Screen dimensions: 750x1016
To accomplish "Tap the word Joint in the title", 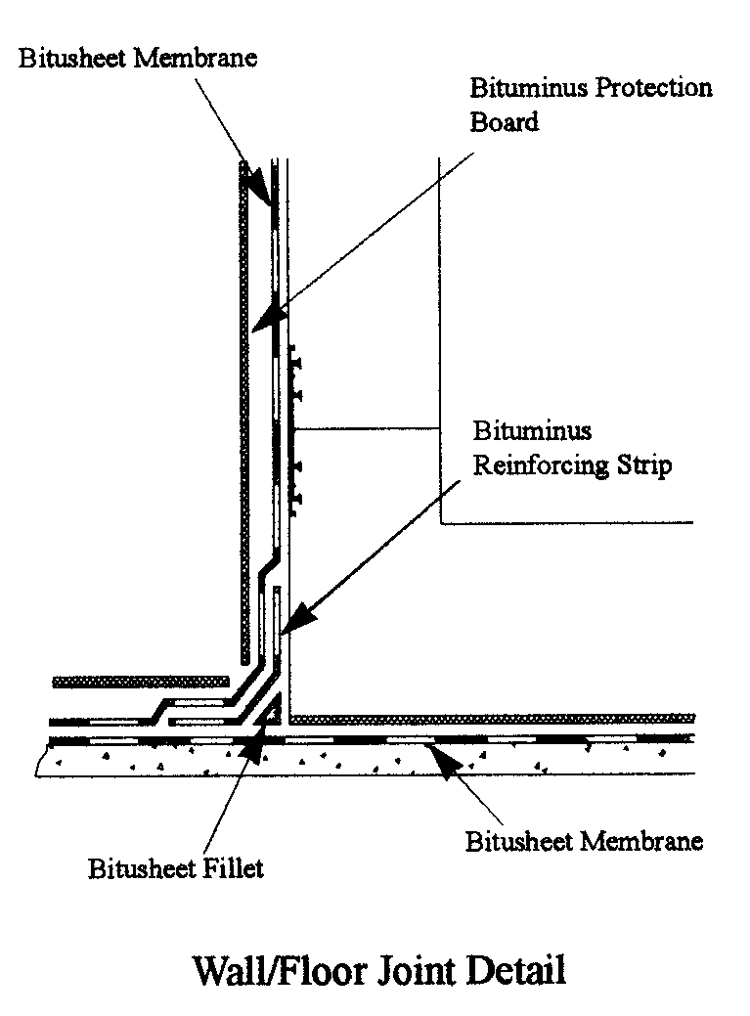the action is (x=415, y=971).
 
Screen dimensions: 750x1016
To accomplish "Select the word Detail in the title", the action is (x=515, y=971).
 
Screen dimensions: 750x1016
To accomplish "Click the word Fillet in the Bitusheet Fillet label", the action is (x=232, y=868).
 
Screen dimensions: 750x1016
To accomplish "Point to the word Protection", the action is (x=653, y=88).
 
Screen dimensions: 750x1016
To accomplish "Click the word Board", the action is (x=504, y=122).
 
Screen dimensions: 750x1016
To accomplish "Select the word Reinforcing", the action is (x=541, y=465).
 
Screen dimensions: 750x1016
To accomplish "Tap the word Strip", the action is (x=643, y=465).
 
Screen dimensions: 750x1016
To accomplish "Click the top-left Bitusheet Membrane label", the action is (x=138, y=58).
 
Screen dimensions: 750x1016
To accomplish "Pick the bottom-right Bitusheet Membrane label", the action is (x=584, y=841).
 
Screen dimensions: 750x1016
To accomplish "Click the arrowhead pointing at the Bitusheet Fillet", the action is (x=253, y=746).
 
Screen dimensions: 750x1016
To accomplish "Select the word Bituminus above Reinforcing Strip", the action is (x=532, y=430).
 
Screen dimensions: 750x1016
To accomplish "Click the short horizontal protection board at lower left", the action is (x=141, y=682).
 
